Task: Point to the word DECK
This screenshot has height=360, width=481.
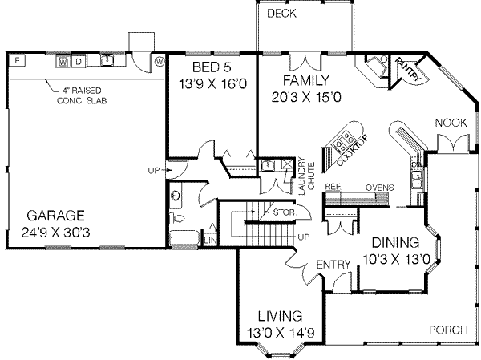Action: tap(282, 14)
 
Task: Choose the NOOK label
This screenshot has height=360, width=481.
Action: tap(451, 122)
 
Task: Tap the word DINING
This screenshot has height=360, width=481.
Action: tap(394, 242)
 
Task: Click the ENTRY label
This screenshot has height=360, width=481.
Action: tap(330, 265)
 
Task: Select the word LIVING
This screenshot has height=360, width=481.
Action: tap(274, 316)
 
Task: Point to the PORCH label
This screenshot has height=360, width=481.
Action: tap(448, 330)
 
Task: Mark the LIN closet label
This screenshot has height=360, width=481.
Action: tap(211, 240)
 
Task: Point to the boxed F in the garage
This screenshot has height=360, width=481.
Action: tap(18, 61)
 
